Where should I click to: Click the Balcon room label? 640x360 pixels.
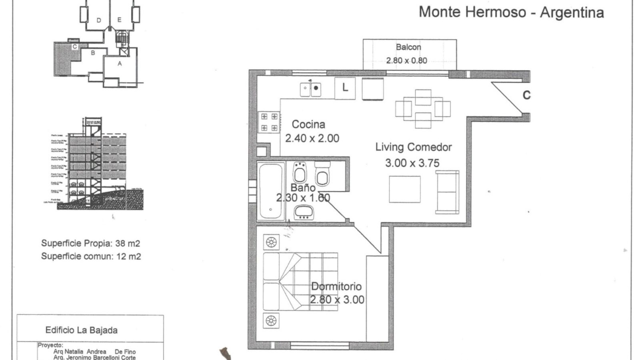pyautogui.click(x=408, y=47)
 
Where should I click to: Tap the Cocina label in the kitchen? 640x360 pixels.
pyautogui.click(x=308, y=124)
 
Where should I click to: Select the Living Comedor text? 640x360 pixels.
pyautogui.click(x=413, y=147)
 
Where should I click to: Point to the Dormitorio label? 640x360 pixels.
pyautogui.click(x=336, y=286)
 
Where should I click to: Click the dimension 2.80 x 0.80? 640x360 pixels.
pyautogui.click(x=406, y=61)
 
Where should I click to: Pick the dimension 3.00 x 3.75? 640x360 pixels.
pyautogui.click(x=412, y=163)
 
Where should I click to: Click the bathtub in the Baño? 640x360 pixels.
pyautogui.click(x=271, y=190)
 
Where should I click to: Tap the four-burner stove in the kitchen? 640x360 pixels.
pyautogui.click(x=269, y=122)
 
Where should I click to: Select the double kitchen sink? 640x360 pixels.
pyautogui.click(x=311, y=88)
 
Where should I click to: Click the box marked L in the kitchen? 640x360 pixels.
pyautogui.click(x=345, y=87)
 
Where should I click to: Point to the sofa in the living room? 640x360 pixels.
pyautogui.click(x=447, y=192)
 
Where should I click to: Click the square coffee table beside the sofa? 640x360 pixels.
pyautogui.click(x=405, y=189)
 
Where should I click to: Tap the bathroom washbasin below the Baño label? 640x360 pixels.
pyautogui.click(x=304, y=212)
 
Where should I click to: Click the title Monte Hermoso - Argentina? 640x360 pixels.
pyautogui.click(x=511, y=12)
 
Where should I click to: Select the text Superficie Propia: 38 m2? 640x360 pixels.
pyautogui.click(x=90, y=243)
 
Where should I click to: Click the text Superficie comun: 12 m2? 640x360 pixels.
pyautogui.click(x=91, y=256)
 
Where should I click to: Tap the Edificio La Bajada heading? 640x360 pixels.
pyautogui.click(x=81, y=330)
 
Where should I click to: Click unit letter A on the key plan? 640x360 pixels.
pyautogui.click(x=119, y=63)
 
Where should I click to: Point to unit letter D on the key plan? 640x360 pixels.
pyautogui.click(x=98, y=20)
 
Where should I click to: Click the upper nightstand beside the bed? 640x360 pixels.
pyautogui.click(x=271, y=242)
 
